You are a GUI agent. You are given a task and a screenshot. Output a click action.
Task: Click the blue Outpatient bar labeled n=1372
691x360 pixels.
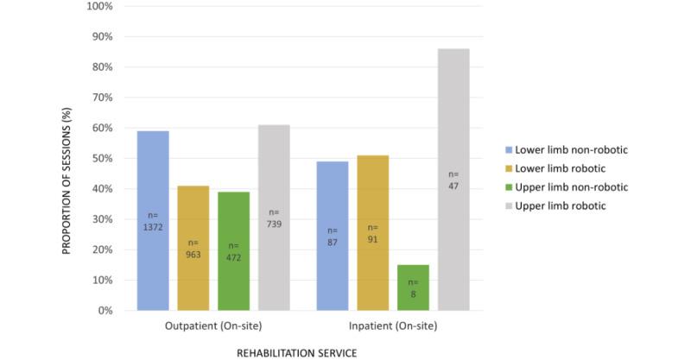(x=153, y=220)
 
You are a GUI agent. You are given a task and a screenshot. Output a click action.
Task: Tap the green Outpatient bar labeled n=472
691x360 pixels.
(x=233, y=251)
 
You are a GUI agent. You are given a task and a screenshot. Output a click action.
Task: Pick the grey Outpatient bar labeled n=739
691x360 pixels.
(x=274, y=218)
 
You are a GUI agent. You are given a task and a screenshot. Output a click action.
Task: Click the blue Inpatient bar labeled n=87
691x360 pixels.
(x=333, y=236)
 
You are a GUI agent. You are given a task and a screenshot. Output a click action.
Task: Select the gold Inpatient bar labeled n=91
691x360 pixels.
(x=373, y=233)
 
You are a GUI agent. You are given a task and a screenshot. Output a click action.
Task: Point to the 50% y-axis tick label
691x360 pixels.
(x=103, y=159)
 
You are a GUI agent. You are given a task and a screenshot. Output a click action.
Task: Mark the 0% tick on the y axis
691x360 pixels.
(x=105, y=311)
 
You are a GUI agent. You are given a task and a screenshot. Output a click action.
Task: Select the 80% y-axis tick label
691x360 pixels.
(x=103, y=67)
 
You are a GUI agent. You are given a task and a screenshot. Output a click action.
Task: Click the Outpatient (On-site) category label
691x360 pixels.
(x=213, y=325)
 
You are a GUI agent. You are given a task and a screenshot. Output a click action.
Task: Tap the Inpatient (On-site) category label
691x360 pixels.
(x=393, y=325)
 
